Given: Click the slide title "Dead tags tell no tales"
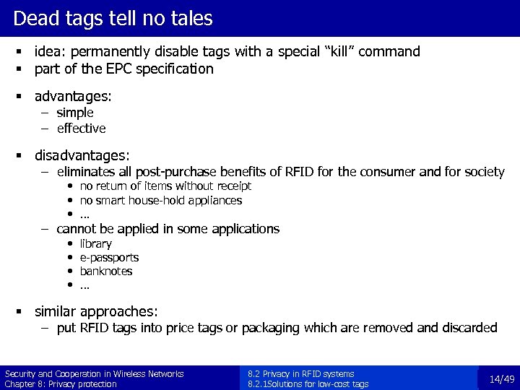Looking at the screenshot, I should coord(113,18).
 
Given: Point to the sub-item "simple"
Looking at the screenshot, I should coord(75,113).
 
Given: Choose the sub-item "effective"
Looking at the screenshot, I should coord(81,129).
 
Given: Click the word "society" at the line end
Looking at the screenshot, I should coord(483,172).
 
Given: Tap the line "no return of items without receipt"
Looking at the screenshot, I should coord(165,186).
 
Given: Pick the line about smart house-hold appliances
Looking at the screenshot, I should coord(160,200).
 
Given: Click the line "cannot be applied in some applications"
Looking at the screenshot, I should coord(168,229).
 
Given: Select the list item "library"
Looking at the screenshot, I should coord(95,244).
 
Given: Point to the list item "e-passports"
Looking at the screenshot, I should coord(109,258).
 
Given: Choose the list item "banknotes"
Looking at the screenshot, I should coord(106,272).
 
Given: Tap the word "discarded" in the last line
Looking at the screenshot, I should coord(470,328).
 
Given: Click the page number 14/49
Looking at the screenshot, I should coord(501,379).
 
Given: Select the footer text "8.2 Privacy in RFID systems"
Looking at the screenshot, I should coord(300,374).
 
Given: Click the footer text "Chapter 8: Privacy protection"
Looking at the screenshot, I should coord(61,384).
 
